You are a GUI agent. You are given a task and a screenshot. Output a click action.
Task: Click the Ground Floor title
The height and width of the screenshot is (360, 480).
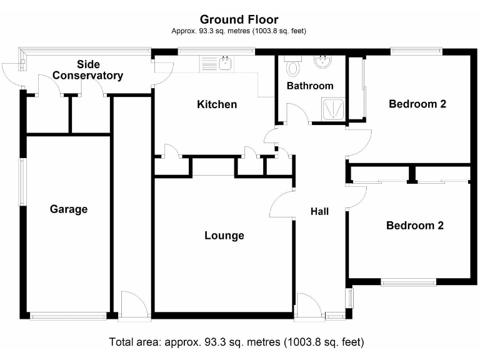pos(239,20)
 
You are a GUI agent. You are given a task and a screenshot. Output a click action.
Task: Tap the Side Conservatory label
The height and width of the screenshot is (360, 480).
pos(88,70)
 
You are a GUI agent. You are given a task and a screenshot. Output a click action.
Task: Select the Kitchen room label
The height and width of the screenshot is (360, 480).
pos(217,104)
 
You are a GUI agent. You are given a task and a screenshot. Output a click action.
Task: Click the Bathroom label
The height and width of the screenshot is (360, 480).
pos(310,86)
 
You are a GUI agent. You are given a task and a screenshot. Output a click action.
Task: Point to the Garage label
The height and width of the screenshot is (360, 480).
pos(69,209)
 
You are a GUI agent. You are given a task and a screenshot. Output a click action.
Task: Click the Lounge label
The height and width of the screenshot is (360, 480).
pos(224,236)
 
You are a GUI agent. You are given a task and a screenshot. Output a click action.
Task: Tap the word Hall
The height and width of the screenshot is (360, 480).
pos(319,212)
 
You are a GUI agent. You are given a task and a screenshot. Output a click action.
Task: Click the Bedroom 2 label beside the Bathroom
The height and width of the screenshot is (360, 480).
pos(417,104)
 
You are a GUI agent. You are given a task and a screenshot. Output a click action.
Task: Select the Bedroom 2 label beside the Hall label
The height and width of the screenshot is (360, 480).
pos(414,226)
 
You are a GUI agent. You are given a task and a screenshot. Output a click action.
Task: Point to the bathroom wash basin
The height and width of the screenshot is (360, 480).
pos(324,62)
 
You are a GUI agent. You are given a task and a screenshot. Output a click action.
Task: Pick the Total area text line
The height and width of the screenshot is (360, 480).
pos(236,342)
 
